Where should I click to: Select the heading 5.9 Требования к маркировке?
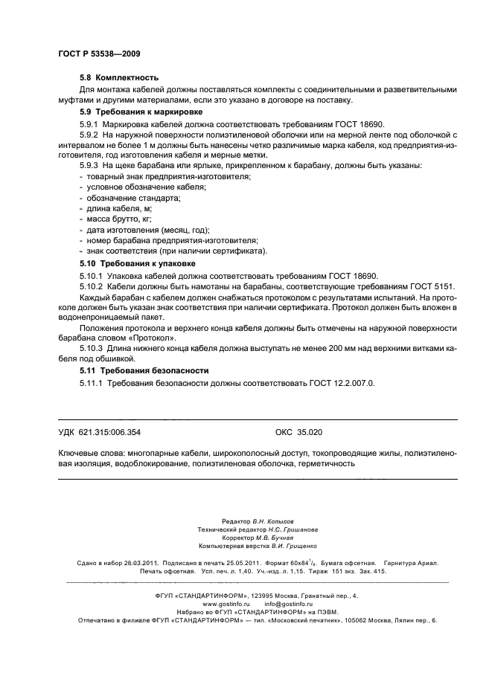pyautogui.click(x=141, y=111)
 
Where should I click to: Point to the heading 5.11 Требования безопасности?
pyautogui.click(x=144, y=370)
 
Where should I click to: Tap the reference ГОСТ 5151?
pyautogui.click(x=429, y=286)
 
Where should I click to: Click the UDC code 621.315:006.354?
pyautogui.click(x=110, y=432)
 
